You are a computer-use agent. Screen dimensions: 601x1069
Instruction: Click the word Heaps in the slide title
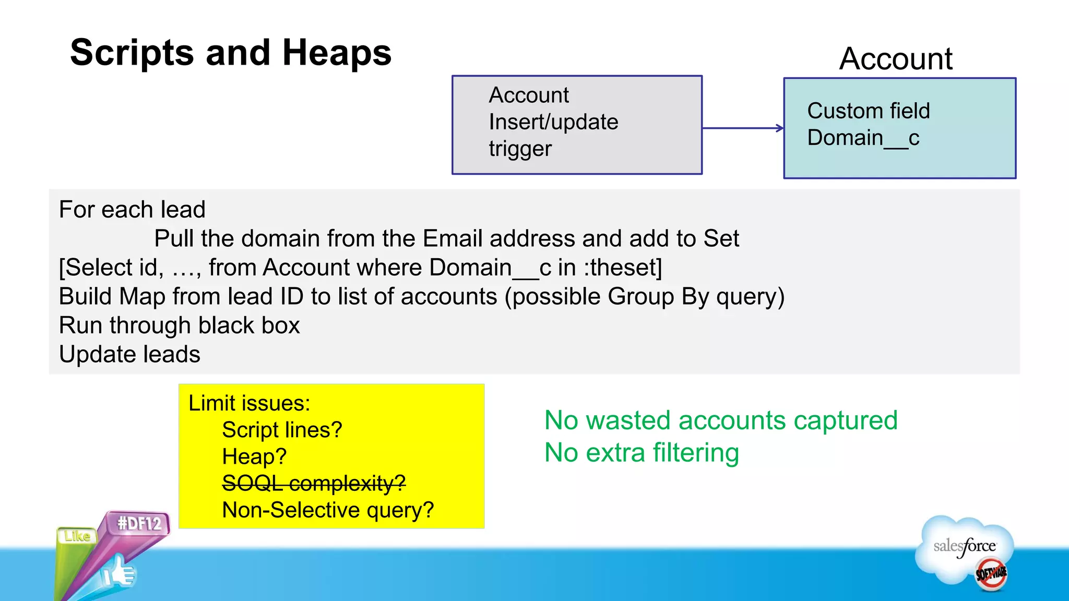[337, 53]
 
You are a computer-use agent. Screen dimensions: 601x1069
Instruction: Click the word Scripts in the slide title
[132, 53]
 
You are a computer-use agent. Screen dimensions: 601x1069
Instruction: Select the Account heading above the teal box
[896, 58]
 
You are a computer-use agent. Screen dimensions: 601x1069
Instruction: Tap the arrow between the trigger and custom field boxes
[743, 128]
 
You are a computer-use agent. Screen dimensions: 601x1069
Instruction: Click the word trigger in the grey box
[520, 149]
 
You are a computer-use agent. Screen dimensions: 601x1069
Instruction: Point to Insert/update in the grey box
[553, 122]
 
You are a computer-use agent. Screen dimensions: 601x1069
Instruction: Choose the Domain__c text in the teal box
[863, 138]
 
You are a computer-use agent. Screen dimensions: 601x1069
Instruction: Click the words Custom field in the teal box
[868, 111]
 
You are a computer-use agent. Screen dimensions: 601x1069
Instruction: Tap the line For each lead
[132, 210]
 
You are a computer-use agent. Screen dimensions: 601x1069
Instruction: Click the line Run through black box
[179, 326]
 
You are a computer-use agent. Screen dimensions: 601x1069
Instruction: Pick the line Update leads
[129, 354]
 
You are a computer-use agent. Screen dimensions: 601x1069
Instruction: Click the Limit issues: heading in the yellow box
[249, 403]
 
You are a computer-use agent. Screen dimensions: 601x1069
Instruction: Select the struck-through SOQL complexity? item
[314, 483]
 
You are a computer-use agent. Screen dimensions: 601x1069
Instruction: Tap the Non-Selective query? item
[328, 510]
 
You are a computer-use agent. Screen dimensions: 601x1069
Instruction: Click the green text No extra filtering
[642, 453]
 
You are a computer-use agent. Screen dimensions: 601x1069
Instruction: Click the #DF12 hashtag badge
[139, 523]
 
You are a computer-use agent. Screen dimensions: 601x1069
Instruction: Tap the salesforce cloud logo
[965, 548]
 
